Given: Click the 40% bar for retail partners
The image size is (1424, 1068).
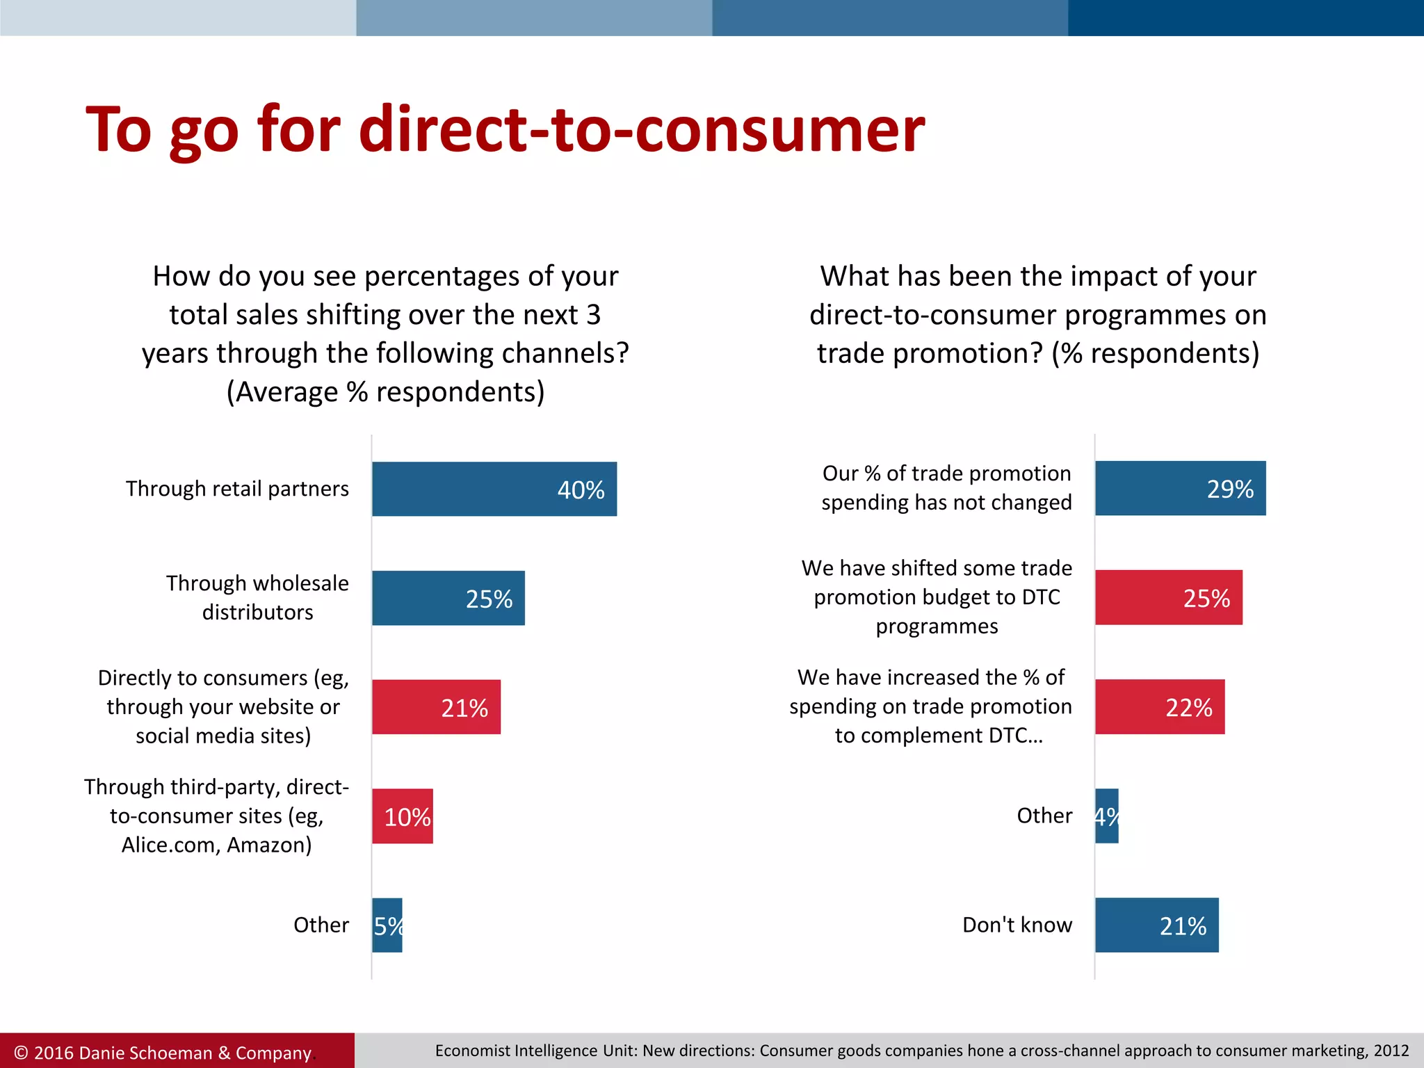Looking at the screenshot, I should tap(494, 489).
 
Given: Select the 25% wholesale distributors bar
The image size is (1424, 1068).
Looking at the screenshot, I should tap(448, 598).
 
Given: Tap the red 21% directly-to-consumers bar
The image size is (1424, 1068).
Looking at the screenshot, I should tap(436, 707).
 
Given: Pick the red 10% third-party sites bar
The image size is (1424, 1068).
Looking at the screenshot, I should tap(402, 816).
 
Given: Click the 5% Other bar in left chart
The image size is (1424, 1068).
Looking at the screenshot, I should tap(387, 925).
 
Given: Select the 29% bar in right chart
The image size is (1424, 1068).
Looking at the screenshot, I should tap(1180, 488).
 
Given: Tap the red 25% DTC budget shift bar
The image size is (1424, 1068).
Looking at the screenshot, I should tap(1168, 597).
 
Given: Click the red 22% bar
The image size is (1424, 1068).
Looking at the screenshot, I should tap(1159, 706).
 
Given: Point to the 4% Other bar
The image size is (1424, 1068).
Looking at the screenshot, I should tap(1106, 816).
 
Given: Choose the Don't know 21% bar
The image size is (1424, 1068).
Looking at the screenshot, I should tap(1156, 925).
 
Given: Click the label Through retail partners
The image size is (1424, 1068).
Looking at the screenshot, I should tap(237, 489).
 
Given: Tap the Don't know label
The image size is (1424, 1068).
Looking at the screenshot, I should tap(1017, 925).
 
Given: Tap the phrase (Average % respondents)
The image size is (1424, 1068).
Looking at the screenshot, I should tap(385, 392).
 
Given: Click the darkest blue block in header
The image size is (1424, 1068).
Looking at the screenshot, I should tap(1245, 17).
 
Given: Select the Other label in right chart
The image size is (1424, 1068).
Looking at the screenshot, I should tap(1044, 816).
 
